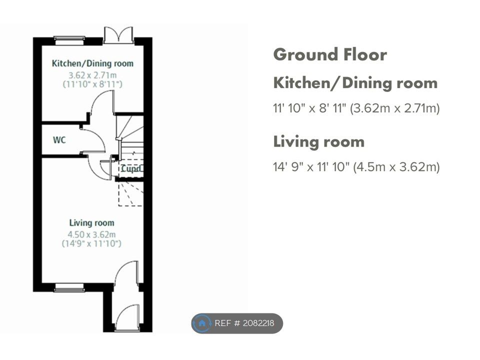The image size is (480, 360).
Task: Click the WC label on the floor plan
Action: [x=59, y=140]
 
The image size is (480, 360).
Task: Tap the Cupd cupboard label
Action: [x=131, y=168]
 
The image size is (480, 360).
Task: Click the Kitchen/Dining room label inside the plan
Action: [x=93, y=63]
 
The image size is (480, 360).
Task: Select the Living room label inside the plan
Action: [x=91, y=223]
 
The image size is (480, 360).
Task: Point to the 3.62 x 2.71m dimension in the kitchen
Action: [x=92, y=75]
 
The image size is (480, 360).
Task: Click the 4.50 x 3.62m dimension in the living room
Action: [x=91, y=234]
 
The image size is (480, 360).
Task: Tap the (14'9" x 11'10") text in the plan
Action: [x=91, y=243]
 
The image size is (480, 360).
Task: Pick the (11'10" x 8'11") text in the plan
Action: [x=92, y=84]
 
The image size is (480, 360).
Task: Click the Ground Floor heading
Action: [x=330, y=54]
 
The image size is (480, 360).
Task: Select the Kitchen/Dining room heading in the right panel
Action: [x=355, y=83]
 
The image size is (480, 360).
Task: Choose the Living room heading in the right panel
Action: [x=318, y=141]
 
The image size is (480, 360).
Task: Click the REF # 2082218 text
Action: [x=244, y=323]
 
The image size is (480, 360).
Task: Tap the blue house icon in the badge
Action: [x=201, y=323]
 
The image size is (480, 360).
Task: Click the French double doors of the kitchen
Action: [x=118, y=35]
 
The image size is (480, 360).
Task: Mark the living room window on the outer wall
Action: [x=69, y=287]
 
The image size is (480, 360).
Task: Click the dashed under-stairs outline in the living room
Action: [x=130, y=194]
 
